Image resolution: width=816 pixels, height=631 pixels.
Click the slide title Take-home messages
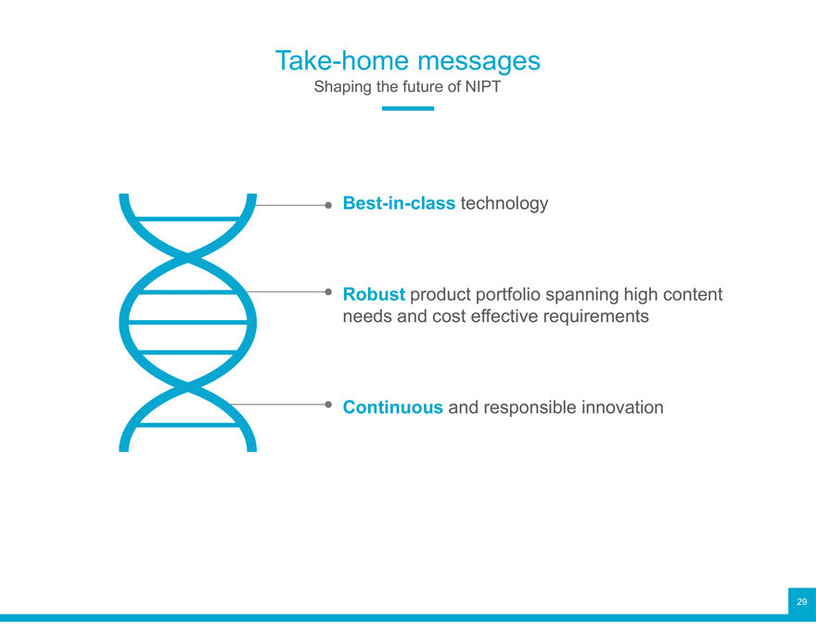coord(407,61)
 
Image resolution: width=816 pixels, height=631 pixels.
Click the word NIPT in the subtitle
coord(483,86)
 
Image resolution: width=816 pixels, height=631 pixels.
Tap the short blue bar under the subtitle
coord(408,109)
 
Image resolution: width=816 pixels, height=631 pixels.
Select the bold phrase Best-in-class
coord(399,203)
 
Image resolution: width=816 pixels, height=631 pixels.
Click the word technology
coord(504,203)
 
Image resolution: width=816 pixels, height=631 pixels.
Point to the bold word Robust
coord(374,294)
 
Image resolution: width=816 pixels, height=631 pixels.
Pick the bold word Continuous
coord(393,407)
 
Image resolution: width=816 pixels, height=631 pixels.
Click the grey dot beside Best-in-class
coord(328,205)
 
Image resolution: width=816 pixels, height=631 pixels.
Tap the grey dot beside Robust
coord(328,291)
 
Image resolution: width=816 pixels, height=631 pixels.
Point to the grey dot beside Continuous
coord(328,405)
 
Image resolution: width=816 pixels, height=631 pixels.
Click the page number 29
coord(802,602)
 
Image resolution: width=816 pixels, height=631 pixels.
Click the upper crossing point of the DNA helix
coord(188,257)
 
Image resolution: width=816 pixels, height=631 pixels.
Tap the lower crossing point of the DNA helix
coord(188,387)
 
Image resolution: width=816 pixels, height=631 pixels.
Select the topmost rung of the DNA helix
coord(188,219)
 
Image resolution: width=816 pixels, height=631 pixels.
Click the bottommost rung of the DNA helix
coord(188,425)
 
